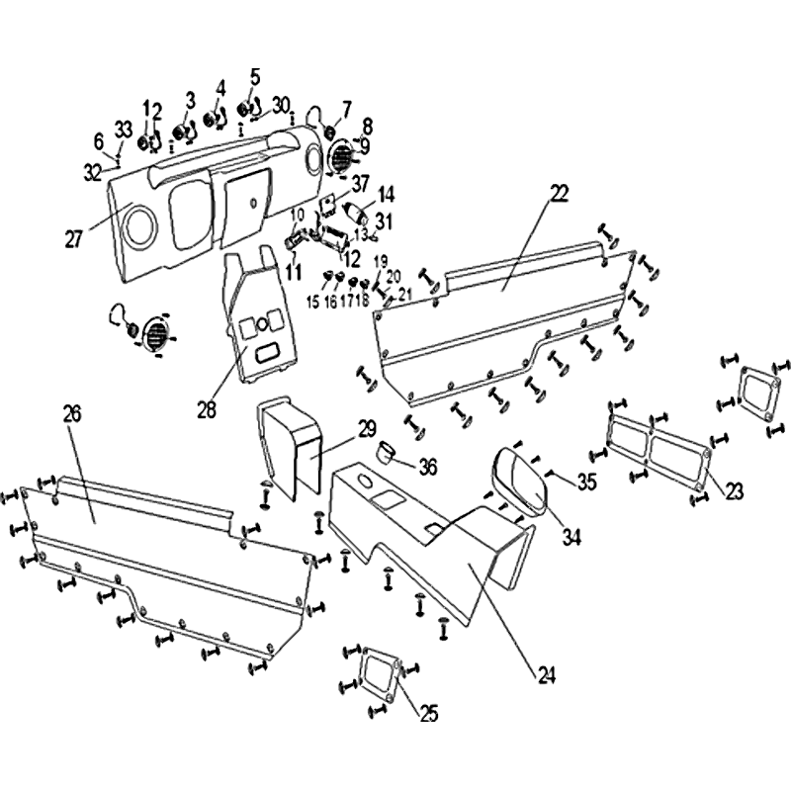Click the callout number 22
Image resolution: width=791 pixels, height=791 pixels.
click(x=559, y=194)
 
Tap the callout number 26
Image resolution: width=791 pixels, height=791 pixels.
click(x=71, y=414)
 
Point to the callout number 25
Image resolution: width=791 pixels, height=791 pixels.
click(x=428, y=713)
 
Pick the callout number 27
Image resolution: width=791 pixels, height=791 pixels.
click(x=73, y=238)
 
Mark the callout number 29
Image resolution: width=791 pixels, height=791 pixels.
click(x=367, y=429)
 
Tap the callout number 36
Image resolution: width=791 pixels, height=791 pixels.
click(x=427, y=465)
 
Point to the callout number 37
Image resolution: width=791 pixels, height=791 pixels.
click(x=360, y=184)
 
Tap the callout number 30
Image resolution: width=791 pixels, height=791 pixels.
click(x=281, y=105)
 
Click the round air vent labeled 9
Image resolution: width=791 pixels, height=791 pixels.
click(x=341, y=155)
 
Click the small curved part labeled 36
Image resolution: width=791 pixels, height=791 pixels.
click(x=387, y=454)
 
